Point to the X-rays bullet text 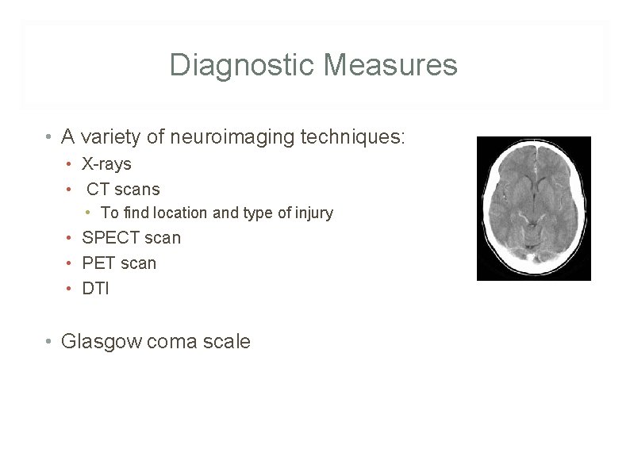106,164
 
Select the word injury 312,213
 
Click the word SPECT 109,238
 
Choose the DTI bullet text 95,289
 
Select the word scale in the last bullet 227,342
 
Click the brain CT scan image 533,208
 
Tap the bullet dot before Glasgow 49,342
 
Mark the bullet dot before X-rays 71,165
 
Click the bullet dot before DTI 71,289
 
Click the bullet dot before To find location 90,213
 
